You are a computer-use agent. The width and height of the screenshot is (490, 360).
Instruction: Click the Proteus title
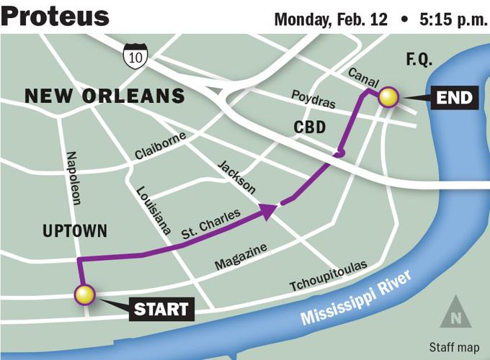point(55,16)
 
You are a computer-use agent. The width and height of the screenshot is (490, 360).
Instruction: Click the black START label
point(162,310)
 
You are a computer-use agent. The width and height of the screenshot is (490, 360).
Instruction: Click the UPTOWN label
point(74,232)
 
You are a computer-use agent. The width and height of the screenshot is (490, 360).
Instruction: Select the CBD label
point(311,128)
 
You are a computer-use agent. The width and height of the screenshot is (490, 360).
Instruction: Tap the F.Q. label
point(419,60)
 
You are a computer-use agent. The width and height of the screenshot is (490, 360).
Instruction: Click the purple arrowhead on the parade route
point(269,210)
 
